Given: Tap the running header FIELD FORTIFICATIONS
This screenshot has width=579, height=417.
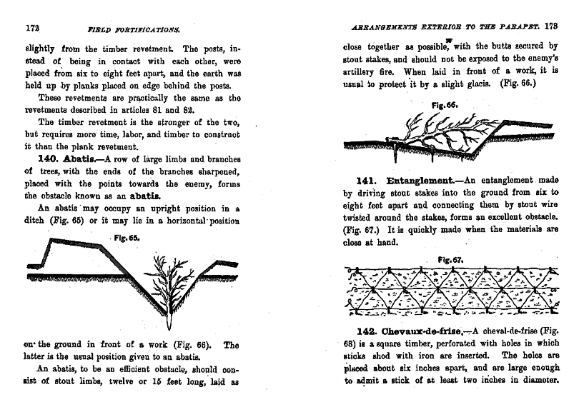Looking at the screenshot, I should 133,31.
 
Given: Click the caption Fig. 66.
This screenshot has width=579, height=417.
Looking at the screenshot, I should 445,104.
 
